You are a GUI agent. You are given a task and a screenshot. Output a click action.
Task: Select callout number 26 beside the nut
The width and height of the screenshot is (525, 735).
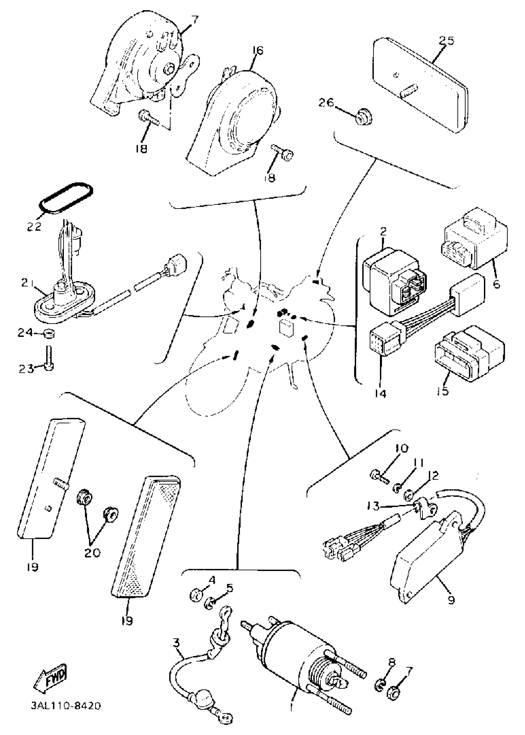[x=326, y=103]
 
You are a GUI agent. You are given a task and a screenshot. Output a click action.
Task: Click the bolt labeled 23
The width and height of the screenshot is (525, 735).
[x=50, y=359]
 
